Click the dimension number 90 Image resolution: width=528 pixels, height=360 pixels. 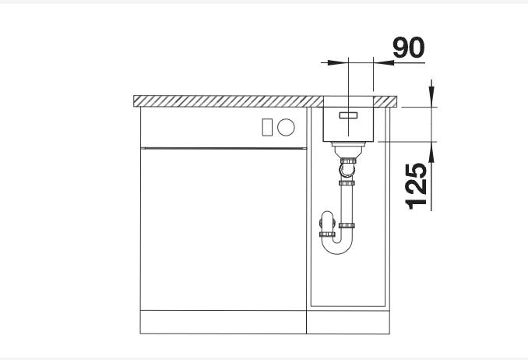click(409, 48)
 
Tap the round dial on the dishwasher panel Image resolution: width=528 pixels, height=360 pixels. click(286, 126)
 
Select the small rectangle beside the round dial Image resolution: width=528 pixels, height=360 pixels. click(267, 126)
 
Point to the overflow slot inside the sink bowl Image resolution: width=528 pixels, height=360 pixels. click(348, 114)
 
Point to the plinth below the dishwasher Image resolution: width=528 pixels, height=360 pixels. click(221, 321)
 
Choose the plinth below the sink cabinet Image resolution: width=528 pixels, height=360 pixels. click(348, 321)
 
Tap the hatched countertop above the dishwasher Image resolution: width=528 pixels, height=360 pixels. click(226, 101)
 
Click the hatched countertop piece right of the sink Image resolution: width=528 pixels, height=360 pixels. click(387, 101)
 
